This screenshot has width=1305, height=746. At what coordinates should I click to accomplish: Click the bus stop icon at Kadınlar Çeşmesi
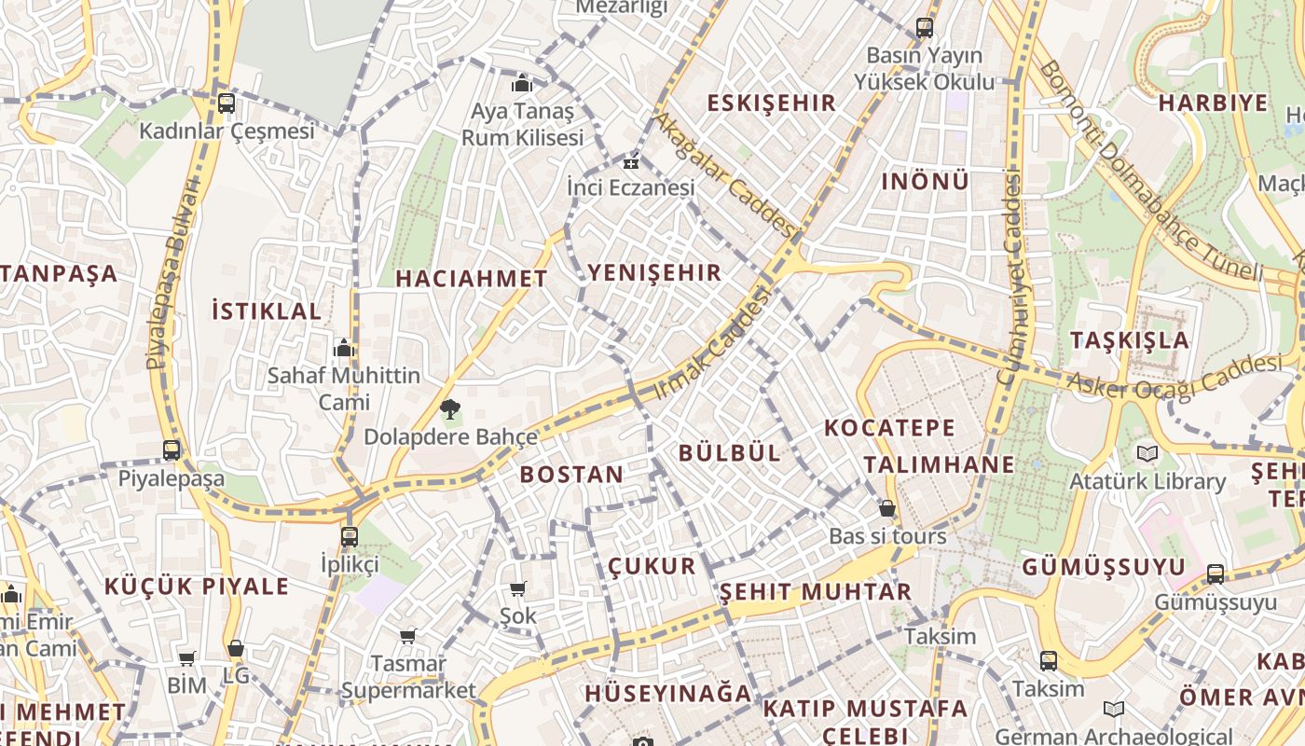point(227,104)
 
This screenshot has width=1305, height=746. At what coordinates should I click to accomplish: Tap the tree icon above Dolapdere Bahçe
point(450,408)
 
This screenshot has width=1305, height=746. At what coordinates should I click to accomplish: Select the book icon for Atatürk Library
point(1147,454)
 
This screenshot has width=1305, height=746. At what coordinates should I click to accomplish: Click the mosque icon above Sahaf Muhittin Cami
point(344,349)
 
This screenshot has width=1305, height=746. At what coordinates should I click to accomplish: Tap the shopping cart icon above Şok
point(518,588)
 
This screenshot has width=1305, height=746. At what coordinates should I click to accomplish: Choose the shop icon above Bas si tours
point(887,508)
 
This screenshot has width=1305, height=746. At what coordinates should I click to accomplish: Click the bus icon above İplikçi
point(350,536)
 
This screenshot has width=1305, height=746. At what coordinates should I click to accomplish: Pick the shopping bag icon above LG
point(236,648)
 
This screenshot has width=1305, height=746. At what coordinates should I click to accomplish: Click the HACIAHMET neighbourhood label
point(472,278)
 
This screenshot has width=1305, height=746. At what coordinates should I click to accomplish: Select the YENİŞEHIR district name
point(654,272)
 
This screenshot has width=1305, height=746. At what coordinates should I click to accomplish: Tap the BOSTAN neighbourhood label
point(571,474)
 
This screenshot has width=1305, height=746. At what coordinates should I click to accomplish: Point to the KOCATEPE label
point(890,428)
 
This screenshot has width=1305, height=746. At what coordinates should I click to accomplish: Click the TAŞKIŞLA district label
point(1130,339)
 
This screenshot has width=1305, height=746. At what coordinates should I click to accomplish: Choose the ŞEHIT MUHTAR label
point(816,591)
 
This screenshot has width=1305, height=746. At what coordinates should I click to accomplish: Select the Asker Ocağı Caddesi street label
point(1174,379)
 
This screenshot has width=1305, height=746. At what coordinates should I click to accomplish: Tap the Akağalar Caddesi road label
point(725,174)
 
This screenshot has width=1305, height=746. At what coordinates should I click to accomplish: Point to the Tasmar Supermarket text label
point(409,678)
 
